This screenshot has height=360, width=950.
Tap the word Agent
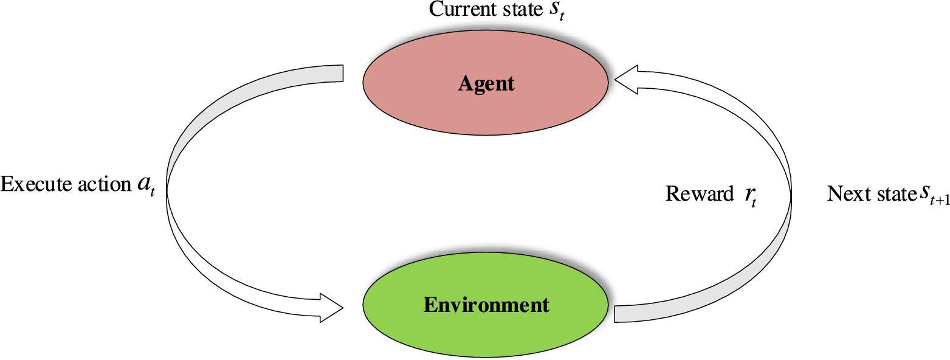point(486,83)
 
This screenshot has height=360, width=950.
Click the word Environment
point(486,303)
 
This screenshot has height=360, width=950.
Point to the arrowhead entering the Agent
point(626,81)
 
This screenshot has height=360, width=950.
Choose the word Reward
point(700,194)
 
